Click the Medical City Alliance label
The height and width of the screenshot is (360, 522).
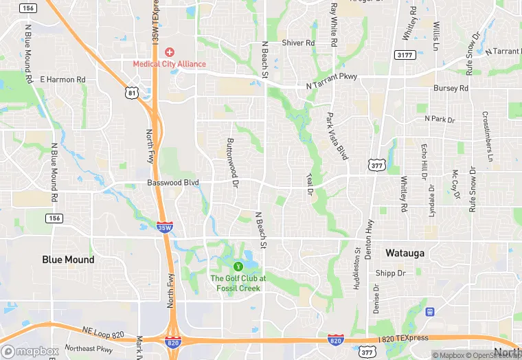(169, 64)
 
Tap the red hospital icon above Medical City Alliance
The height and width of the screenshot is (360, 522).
(169, 52)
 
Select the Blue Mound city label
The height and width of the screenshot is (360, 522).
(69, 260)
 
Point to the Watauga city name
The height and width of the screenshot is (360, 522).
(405, 253)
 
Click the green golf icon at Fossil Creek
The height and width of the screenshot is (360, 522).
(238, 266)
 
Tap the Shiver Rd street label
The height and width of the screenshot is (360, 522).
(298, 43)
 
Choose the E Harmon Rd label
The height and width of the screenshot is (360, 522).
(63, 80)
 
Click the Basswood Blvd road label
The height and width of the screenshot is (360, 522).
(172, 183)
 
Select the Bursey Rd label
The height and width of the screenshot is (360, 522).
(451, 89)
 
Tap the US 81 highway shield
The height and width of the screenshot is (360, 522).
(131, 91)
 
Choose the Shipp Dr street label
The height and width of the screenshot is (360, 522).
(391, 273)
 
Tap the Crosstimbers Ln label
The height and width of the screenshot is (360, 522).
(487, 136)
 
